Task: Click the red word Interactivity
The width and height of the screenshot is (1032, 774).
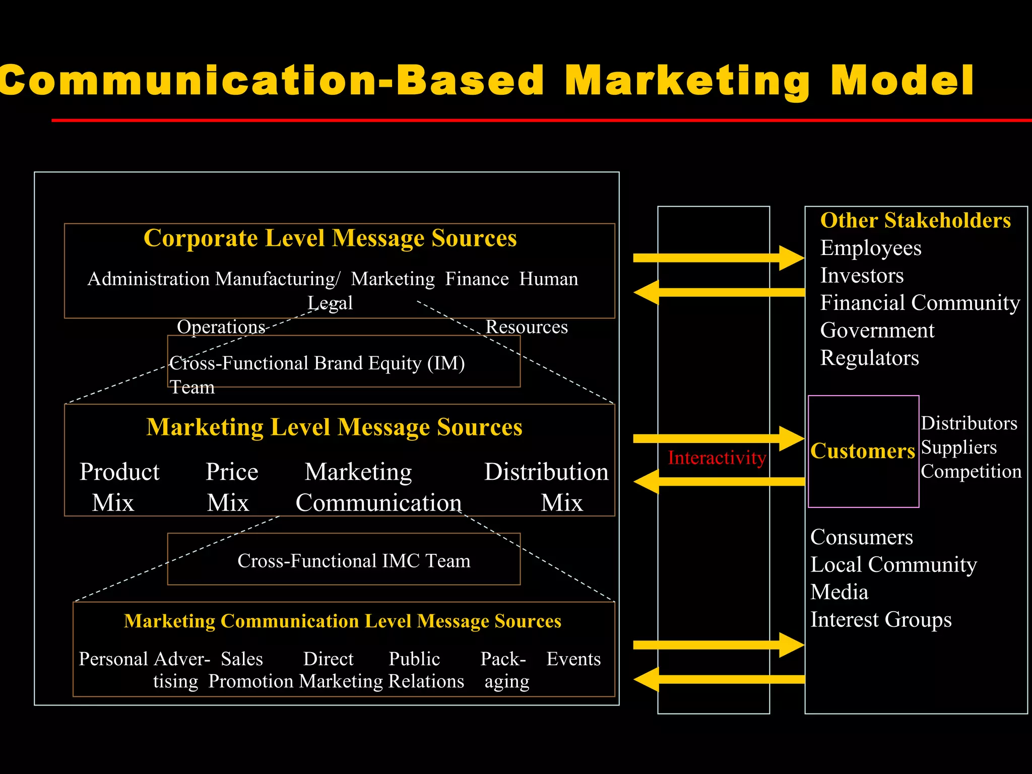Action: pos(717,458)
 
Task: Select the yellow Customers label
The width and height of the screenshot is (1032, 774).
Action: pos(863,451)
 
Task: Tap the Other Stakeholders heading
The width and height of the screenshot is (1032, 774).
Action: pos(915,221)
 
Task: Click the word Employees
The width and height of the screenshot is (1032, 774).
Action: pos(871,248)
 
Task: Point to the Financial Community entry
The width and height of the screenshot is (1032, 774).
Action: pos(920,303)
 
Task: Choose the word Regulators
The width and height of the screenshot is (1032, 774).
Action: pos(869,358)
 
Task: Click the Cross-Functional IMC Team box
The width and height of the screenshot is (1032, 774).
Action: pos(344,559)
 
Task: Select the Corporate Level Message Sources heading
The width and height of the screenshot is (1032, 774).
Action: pos(330,238)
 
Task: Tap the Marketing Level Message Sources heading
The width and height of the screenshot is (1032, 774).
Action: pos(334,427)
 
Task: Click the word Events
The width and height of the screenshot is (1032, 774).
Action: pos(573,659)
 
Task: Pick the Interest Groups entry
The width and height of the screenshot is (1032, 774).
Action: pos(880,620)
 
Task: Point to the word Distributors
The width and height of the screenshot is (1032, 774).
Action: pos(969,424)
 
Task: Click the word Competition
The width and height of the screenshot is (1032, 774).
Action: pos(971,472)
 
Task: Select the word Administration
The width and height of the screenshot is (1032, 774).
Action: pos(148,279)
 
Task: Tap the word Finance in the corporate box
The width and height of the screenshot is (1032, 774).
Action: pos(477,279)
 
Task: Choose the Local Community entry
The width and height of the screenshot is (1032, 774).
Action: pos(893,565)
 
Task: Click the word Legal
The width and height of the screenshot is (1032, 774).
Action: pos(330,303)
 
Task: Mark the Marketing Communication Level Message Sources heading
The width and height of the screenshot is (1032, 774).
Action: pos(343,621)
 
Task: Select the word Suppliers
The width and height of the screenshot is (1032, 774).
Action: pos(958,447)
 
